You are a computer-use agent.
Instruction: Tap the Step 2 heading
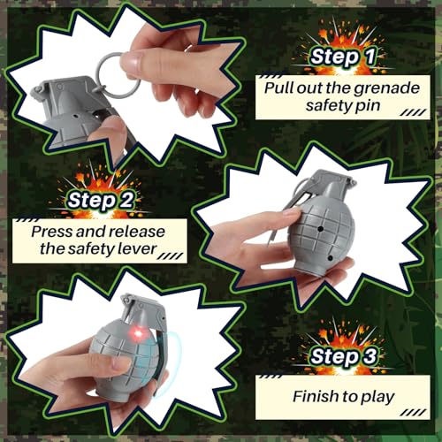(x=105, y=201)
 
